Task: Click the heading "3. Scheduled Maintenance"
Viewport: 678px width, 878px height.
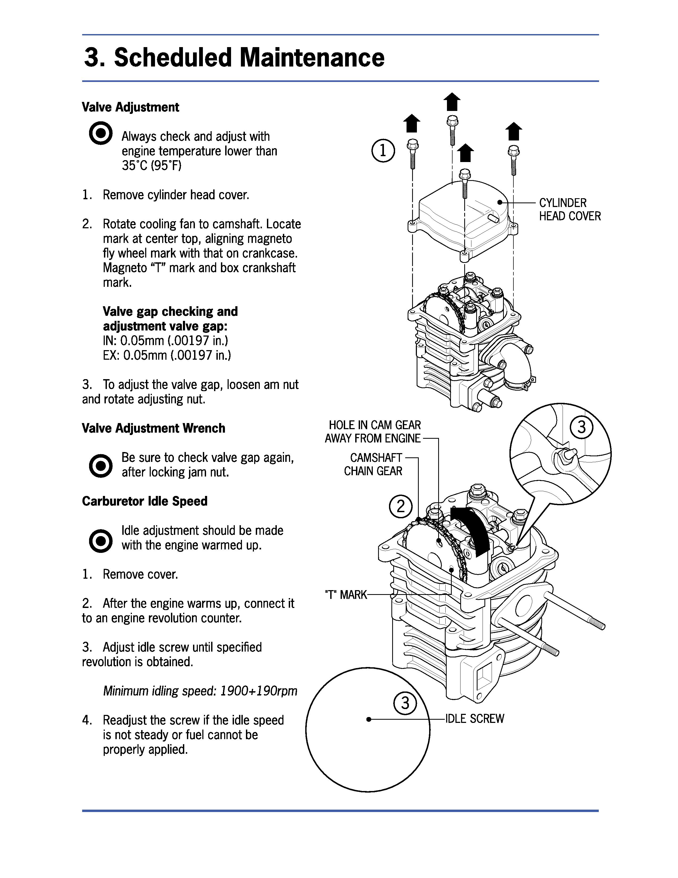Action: pos(234,57)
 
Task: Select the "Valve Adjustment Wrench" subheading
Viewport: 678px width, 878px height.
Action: pos(153,428)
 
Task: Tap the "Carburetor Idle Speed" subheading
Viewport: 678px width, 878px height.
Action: pos(145,501)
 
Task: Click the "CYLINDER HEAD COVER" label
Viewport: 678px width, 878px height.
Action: pos(570,209)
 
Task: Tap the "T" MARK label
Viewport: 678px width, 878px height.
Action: pos(346,595)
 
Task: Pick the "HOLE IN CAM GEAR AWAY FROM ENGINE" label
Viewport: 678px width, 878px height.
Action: pos(373,432)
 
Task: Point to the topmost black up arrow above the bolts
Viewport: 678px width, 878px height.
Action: pos(452,101)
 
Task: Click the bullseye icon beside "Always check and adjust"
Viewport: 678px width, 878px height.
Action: pos(101,133)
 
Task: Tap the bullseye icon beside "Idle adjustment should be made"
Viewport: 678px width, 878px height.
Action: pos(101,541)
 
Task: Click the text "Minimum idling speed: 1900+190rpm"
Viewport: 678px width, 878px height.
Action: pos(200,691)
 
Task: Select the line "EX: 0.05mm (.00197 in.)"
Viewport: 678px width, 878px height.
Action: pos(167,355)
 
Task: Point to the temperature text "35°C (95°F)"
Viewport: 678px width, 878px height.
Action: pos(152,166)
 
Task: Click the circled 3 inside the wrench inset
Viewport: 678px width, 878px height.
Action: pos(581,427)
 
